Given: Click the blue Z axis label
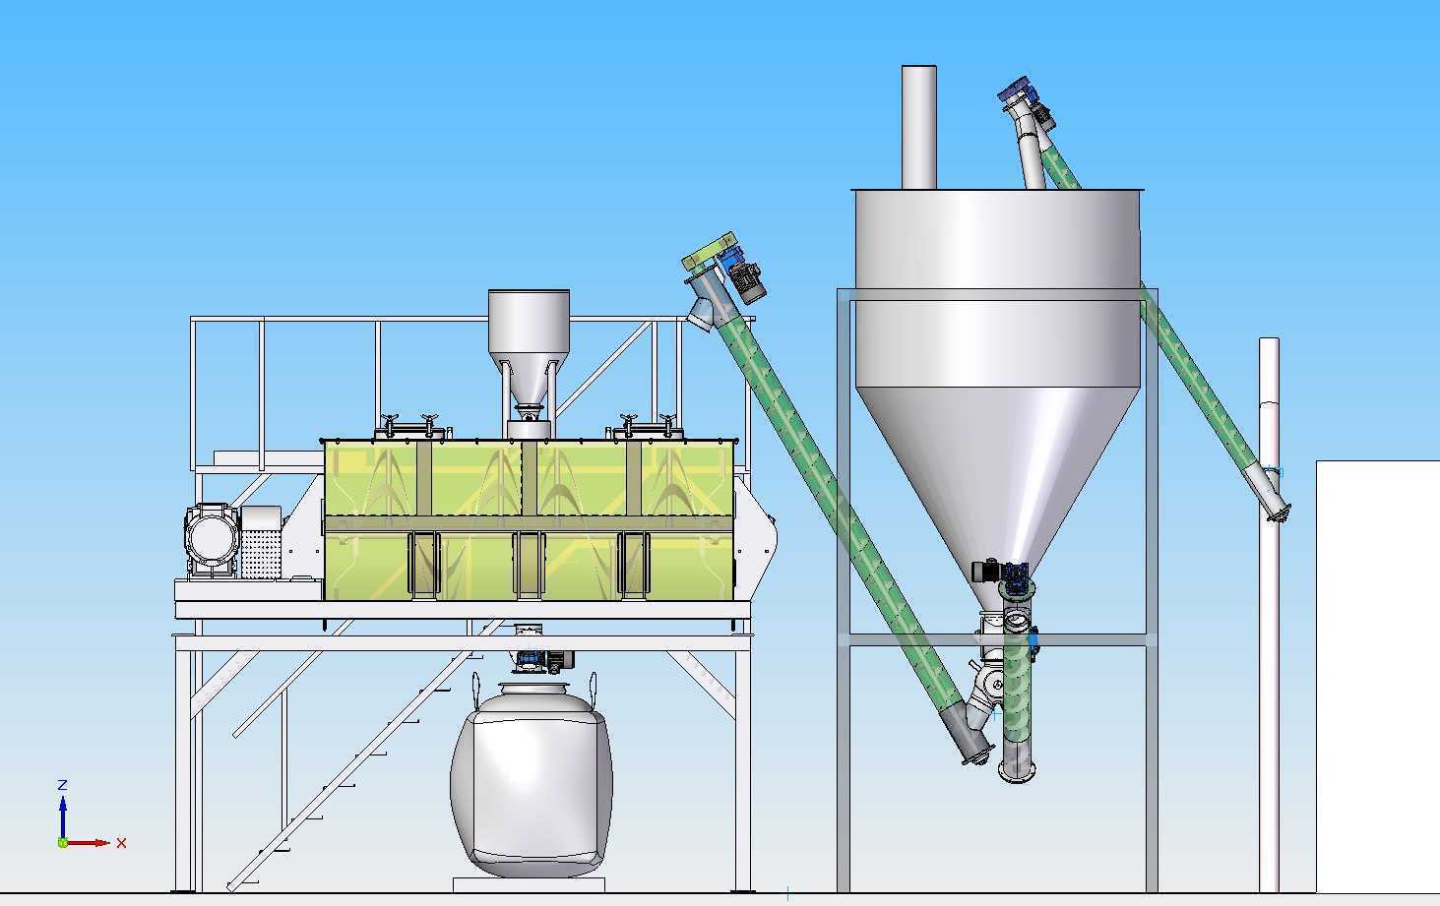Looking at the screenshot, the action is tap(62, 785).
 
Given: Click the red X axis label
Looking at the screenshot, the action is tap(121, 843).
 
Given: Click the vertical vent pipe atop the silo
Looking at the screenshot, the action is tap(918, 127).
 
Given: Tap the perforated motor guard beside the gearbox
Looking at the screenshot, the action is tap(261, 542).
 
